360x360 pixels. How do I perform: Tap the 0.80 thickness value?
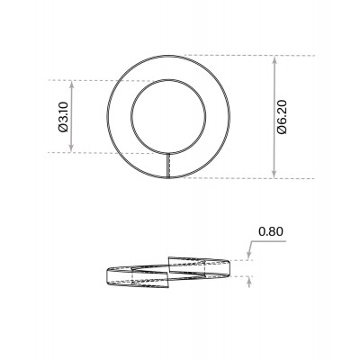(x=271, y=231)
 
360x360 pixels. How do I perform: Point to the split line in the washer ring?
(x=169, y=165)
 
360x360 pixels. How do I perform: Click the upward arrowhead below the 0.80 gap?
(x=248, y=280)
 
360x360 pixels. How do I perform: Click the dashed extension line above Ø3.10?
(x=99, y=80)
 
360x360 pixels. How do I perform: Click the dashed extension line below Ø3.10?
(x=99, y=153)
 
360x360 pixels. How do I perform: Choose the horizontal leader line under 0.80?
(x=270, y=243)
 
